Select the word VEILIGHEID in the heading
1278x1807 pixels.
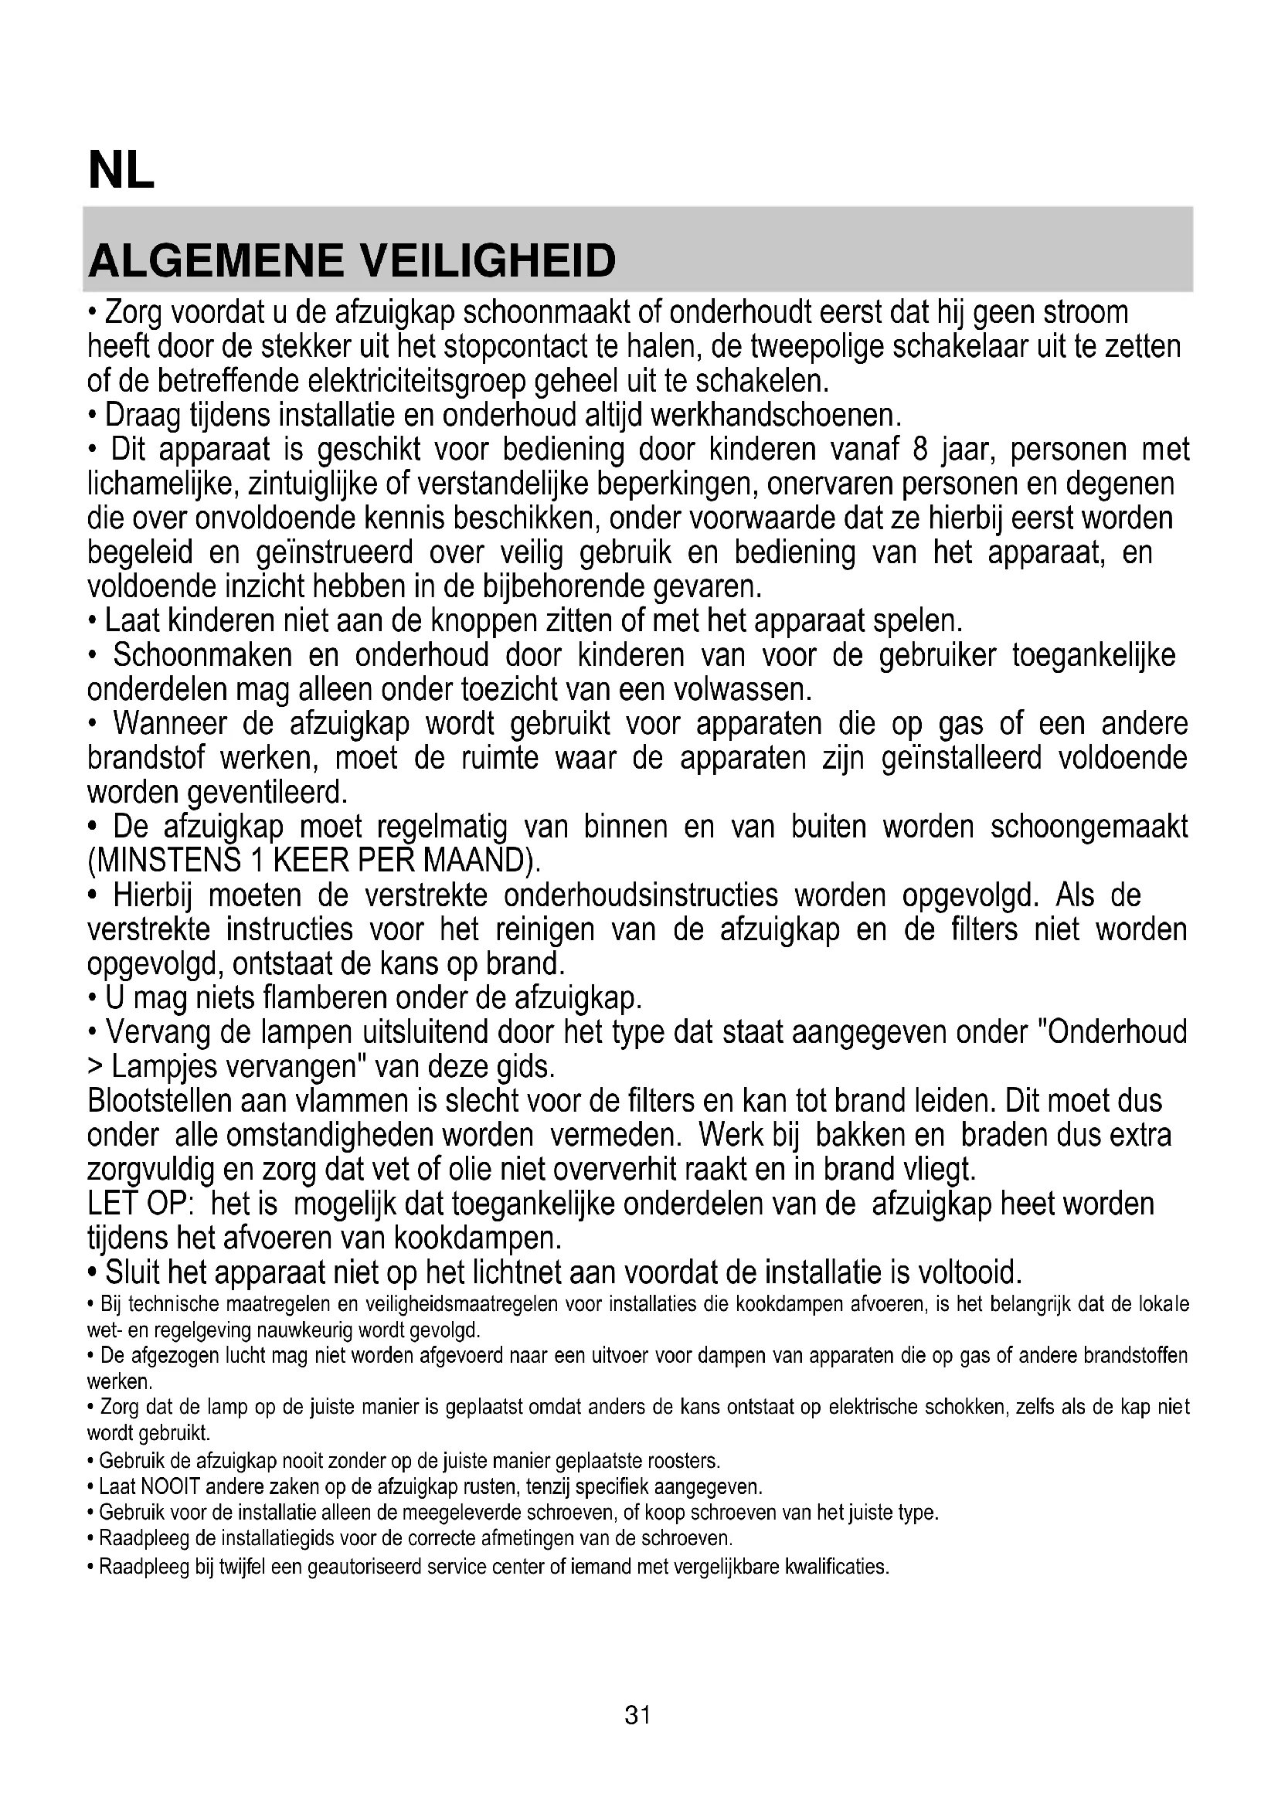pyautogui.click(x=487, y=261)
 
